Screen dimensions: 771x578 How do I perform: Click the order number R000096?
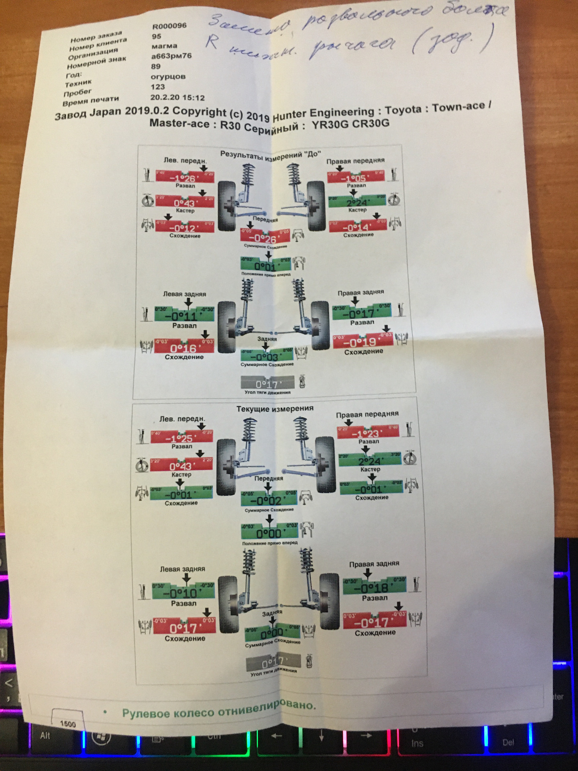click(x=169, y=26)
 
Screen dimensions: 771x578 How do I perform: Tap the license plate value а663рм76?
click(x=171, y=56)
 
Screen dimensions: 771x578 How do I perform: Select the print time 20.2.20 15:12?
click(x=177, y=98)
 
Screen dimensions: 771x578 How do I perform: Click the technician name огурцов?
click(x=168, y=76)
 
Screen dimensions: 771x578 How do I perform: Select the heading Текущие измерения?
click(x=275, y=409)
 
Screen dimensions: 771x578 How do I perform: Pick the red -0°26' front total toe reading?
click(x=265, y=239)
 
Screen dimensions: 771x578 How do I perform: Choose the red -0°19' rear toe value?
click(x=362, y=342)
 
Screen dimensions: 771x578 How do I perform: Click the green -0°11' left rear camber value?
click(x=184, y=315)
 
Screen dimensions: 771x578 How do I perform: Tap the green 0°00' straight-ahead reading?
click(x=269, y=533)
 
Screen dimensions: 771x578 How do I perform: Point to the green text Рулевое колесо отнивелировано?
click(x=219, y=712)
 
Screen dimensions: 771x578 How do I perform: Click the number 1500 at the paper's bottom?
click(x=68, y=724)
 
